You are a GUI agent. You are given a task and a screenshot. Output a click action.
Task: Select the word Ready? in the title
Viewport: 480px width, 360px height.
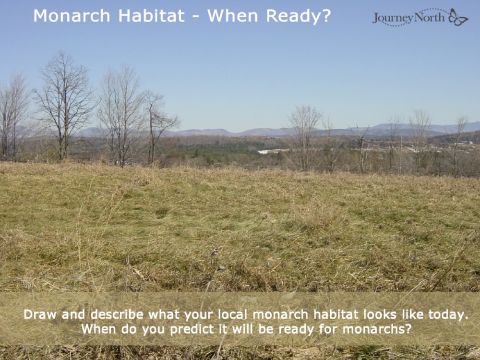tap(299, 16)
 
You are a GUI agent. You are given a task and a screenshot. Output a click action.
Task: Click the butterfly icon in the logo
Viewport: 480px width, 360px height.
tap(458, 17)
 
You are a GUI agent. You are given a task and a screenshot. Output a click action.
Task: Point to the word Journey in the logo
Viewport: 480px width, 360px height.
tap(393, 18)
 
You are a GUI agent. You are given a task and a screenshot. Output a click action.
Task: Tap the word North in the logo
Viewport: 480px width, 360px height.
tap(430, 17)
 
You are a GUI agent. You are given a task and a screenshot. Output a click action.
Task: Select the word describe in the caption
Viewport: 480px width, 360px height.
tap(117, 315)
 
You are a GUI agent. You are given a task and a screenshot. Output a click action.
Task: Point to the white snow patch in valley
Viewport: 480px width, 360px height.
tap(271, 151)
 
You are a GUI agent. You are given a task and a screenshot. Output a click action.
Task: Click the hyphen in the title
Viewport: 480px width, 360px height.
tap(195, 16)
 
